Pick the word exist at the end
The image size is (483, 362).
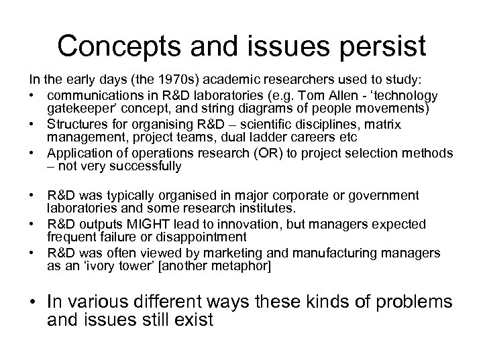(193, 320)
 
